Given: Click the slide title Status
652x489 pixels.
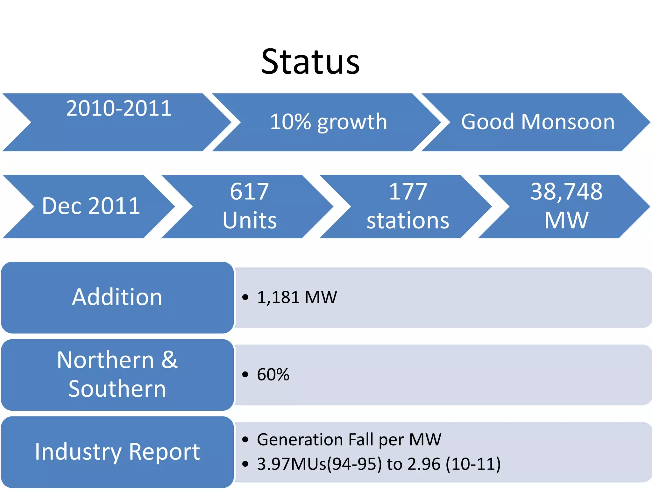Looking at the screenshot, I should [x=310, y=62].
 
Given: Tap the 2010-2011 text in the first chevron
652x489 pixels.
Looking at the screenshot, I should [x=119, y=109].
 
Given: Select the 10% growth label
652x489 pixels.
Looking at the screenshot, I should [x=328, y=122].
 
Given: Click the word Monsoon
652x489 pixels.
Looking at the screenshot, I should [x=568, y=122].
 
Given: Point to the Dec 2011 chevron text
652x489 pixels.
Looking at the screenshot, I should [x=91, y=206].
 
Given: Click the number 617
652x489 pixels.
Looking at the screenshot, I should [x=249, y=192].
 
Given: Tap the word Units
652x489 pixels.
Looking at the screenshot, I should [x=250, y=220].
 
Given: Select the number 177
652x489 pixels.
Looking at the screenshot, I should [x=408, y=192].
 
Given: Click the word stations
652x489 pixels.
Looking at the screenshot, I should [x=408, y=220].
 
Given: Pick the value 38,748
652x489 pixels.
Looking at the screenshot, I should [x=566, y=192].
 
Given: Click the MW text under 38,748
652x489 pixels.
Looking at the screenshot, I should [x=566, y=220].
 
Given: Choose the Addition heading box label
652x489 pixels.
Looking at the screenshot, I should [x=117, y=297].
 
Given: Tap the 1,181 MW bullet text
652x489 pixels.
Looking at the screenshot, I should [x=297, y=297].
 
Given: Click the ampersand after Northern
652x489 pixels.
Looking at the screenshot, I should [x=169, y=360].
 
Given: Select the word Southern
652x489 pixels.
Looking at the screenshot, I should [x=117, y=389].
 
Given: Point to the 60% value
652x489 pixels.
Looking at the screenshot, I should [x=273, y=375].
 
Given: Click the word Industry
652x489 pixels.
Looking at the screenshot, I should [x=78, y=452].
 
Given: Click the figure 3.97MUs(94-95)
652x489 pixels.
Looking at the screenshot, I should [x=319, y=464].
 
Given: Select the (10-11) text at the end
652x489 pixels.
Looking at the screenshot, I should [x=473, y=464].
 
